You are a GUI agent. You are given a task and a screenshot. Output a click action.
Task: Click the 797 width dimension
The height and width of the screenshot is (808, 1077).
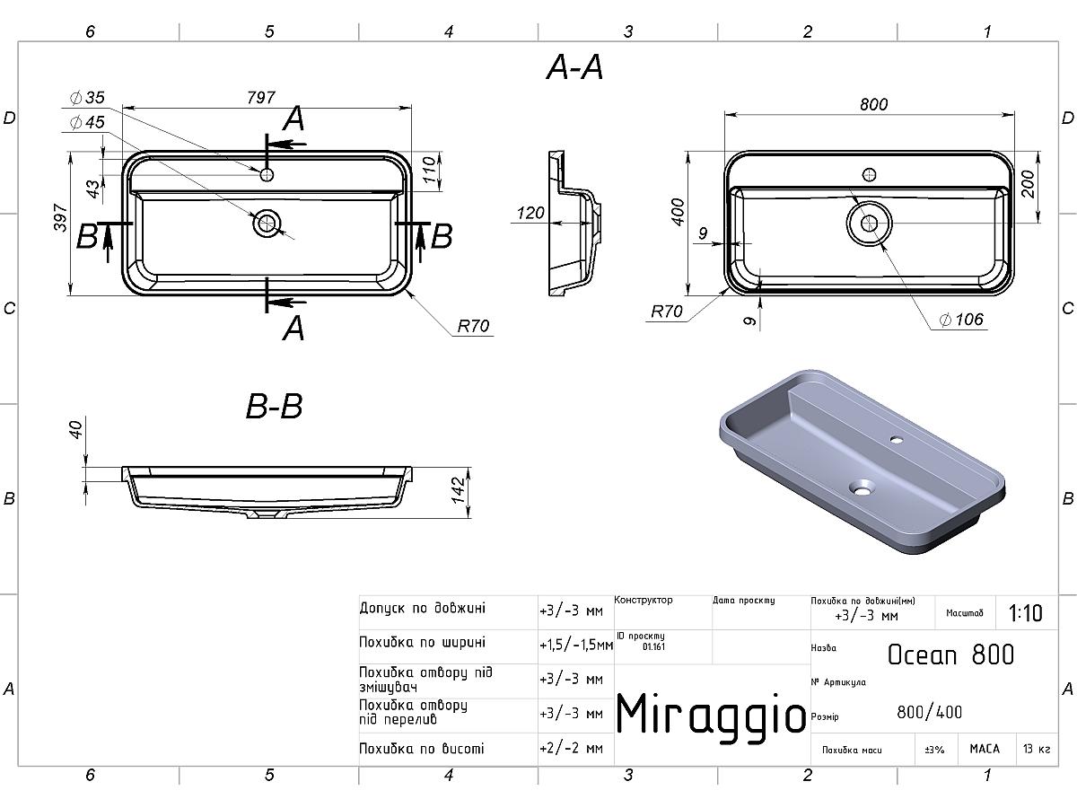coord(261,98)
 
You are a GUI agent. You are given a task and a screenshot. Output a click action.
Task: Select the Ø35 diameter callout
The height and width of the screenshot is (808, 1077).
coord(87,98)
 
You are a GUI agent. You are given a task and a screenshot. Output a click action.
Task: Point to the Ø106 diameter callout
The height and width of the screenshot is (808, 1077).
coord(961,320)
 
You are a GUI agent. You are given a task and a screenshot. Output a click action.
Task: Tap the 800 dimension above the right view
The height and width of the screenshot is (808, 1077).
coord(874,104)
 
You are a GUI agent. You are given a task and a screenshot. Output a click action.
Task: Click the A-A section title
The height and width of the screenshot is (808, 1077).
coord(574,67)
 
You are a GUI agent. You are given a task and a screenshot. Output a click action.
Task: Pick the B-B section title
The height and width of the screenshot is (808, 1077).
coord(274,406)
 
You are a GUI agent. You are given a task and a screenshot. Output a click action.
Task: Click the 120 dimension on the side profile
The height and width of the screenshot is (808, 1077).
coord(530,213)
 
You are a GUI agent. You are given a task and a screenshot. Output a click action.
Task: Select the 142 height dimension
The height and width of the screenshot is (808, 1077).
coord(458,490)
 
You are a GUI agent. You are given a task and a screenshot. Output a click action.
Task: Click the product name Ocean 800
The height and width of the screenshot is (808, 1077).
coord(950,654)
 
